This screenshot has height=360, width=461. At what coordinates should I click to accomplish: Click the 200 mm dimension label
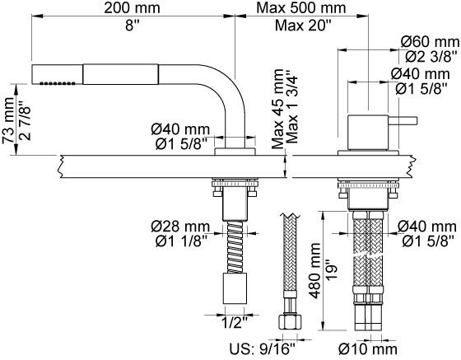132,7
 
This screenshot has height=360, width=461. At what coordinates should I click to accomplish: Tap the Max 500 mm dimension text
301,7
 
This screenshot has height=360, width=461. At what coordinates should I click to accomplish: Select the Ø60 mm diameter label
430,42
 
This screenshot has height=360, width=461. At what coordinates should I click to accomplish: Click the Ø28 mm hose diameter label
180,227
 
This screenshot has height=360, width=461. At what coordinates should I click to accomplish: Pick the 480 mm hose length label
315,270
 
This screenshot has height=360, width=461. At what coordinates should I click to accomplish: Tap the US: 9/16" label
262,349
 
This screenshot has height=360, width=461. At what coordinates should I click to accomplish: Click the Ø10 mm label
367,349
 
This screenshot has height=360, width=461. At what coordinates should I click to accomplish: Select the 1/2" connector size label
234,323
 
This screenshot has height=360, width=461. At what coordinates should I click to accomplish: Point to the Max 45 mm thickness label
277,109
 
